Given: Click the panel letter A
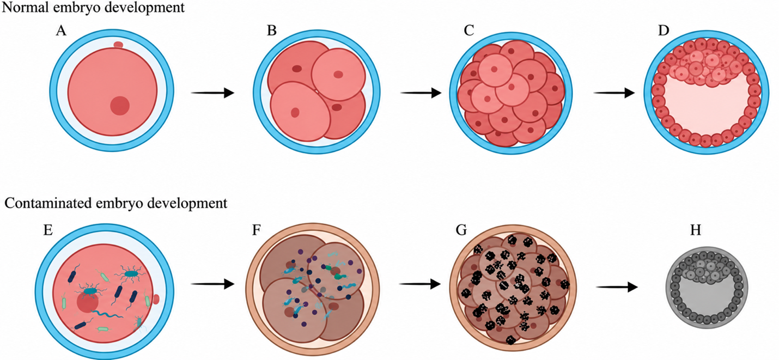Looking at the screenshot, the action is [61, 31].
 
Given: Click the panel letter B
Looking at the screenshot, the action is [272, 31].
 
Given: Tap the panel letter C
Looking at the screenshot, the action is [469, 31].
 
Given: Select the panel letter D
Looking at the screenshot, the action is [664, 31].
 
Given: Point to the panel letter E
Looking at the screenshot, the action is [48, 230].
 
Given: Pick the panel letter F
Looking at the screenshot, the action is [256, 230].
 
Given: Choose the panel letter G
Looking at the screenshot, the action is [461, 230].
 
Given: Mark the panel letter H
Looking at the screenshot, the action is [696, 230].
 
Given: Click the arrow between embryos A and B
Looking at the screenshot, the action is [212, 93].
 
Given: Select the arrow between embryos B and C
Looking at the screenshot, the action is [421, 93].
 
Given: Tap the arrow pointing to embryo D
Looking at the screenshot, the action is [614, 93].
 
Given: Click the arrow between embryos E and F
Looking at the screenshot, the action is [212, 284].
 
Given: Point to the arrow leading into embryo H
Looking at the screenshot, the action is [617, 288].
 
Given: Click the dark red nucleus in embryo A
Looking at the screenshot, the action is [120, 106].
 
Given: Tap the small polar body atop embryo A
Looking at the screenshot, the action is [118, 45].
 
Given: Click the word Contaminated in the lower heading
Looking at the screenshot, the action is [48, 203].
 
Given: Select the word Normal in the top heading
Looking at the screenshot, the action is [25, 7].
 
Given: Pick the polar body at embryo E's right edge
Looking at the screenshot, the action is [156, 299].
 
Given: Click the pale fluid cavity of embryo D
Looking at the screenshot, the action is [706, 108].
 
